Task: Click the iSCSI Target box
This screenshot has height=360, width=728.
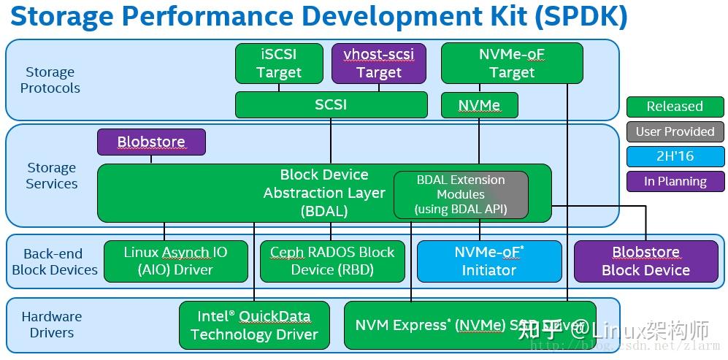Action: tap(279, 63)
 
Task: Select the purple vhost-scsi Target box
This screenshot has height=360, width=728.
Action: tap(379, 63)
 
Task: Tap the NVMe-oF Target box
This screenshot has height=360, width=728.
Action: tap(512, 63)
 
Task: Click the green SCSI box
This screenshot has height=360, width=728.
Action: tap(331, 104)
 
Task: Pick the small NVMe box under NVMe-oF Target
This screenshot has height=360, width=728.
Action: tap(479, 105)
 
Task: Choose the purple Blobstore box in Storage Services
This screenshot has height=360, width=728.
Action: tap(151, 142)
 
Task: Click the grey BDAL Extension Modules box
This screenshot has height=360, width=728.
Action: tap(461, 194)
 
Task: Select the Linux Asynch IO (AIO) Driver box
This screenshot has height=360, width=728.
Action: tap(175, 261)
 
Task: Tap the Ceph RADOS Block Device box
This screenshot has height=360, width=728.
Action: tap(332, 261)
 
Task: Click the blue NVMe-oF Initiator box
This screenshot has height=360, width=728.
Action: tap(489, 261)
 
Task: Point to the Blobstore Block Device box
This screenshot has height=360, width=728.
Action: tap(645, 261)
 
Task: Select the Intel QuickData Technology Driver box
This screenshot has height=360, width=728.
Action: tap(254, 325)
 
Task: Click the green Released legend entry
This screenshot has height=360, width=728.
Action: tap(675, 107)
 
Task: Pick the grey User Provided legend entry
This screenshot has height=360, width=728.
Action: tap(675, 131)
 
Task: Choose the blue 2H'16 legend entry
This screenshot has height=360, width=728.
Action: tap(675, 156)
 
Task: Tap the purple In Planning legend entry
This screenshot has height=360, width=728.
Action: tap(675, 181)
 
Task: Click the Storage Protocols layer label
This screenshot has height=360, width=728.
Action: tap(50, 80)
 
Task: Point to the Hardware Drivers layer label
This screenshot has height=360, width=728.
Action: tap(52, 324)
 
